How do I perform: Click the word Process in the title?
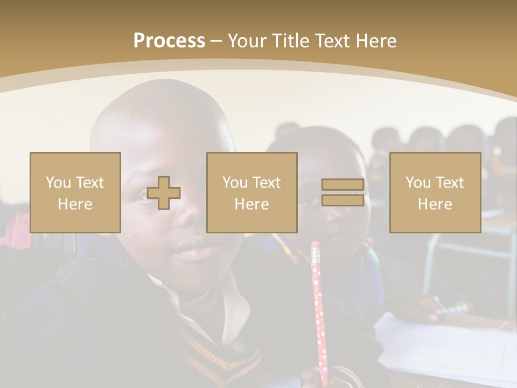[x=169, y=41]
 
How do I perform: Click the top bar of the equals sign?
[x=343, y=185]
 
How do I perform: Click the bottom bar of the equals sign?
[x=343, y=200]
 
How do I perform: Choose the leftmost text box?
[x=75, y=193]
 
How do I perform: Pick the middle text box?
[x=252, y=193]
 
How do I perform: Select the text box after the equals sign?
[x=435, y=193]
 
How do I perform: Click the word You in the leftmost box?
[x=58, y=183]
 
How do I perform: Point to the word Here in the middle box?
[x=252, y=204]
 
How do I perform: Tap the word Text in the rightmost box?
[x=450, y=183]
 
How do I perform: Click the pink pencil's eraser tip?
[x=315, y=246]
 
